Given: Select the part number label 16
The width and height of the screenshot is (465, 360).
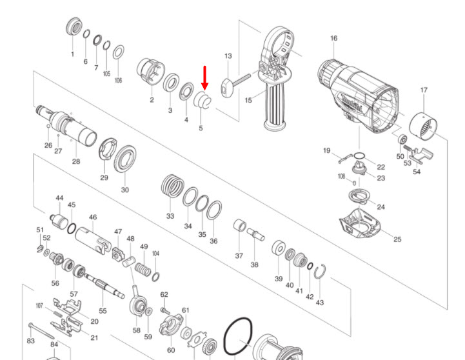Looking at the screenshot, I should [333, 39].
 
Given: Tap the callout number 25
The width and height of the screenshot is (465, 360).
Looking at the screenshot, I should [397, 239].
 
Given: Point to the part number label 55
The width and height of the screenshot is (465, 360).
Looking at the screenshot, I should [103, 311].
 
